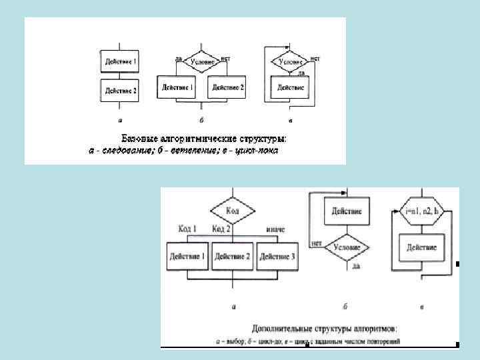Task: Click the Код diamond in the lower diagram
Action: [233, 211]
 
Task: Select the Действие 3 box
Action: [277, 256]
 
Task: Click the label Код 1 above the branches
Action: [188, 229]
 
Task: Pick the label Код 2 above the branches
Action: [222, 229]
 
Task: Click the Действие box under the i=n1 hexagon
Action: [421, 247]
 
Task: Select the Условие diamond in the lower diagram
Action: [347, 247]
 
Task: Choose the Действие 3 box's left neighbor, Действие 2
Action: [233, 256]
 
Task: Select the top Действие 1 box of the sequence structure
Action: [120, 62]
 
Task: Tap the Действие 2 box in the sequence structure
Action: [120, 90]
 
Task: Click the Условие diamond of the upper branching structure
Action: [201, 62]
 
